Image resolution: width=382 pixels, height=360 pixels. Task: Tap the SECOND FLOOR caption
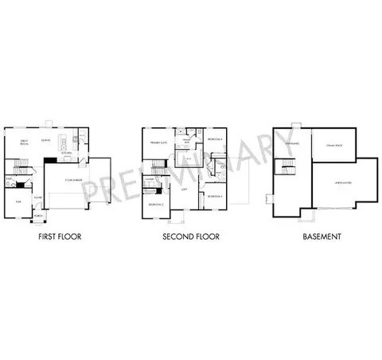pos(190,237)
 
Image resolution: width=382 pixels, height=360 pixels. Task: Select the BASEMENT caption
pos(322,237)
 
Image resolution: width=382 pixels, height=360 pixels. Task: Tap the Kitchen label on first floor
pos(68,153)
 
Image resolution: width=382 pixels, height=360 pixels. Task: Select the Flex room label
pos(18,202)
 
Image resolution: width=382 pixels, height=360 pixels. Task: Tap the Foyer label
pos(38,198)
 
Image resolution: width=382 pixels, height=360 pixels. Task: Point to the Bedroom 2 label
pos(156,205)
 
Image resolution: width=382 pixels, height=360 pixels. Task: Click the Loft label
pos(185,190)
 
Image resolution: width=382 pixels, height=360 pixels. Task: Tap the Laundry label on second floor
pos(150,179)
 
